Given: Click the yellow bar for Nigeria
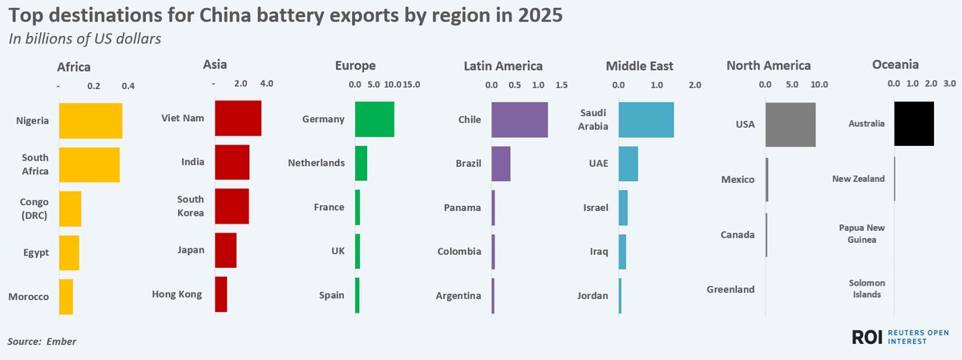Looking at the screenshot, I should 91,121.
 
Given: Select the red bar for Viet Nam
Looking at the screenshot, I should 238,119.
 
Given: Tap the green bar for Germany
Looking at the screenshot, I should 374,119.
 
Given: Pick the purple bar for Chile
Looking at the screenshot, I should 519,119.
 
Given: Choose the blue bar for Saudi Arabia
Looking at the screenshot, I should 646,119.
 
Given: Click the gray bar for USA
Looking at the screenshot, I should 790,124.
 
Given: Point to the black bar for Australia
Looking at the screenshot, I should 914,123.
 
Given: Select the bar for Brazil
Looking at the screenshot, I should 501,164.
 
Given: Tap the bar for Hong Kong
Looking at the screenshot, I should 221,294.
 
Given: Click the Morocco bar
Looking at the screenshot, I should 67,297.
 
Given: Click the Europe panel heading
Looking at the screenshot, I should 356,66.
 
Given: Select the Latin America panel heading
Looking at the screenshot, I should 503,66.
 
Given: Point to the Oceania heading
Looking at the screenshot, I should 895,65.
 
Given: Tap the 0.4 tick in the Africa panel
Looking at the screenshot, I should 127,86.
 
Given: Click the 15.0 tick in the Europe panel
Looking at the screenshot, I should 412,84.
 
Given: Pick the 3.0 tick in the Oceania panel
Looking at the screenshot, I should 949,83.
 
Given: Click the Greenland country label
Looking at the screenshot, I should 730,289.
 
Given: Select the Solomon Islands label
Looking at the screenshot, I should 866,289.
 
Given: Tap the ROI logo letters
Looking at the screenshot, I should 867,338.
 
